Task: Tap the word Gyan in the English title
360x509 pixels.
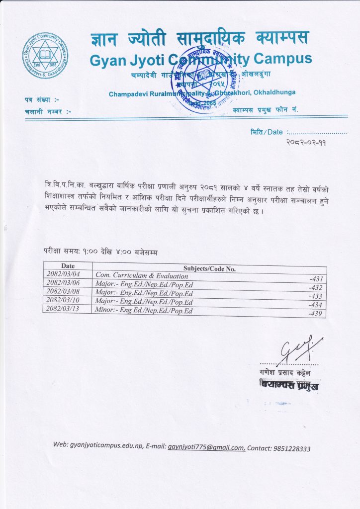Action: click(107, 60)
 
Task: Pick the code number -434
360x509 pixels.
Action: click(316, 305)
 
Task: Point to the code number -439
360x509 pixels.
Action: click(316, 314)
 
